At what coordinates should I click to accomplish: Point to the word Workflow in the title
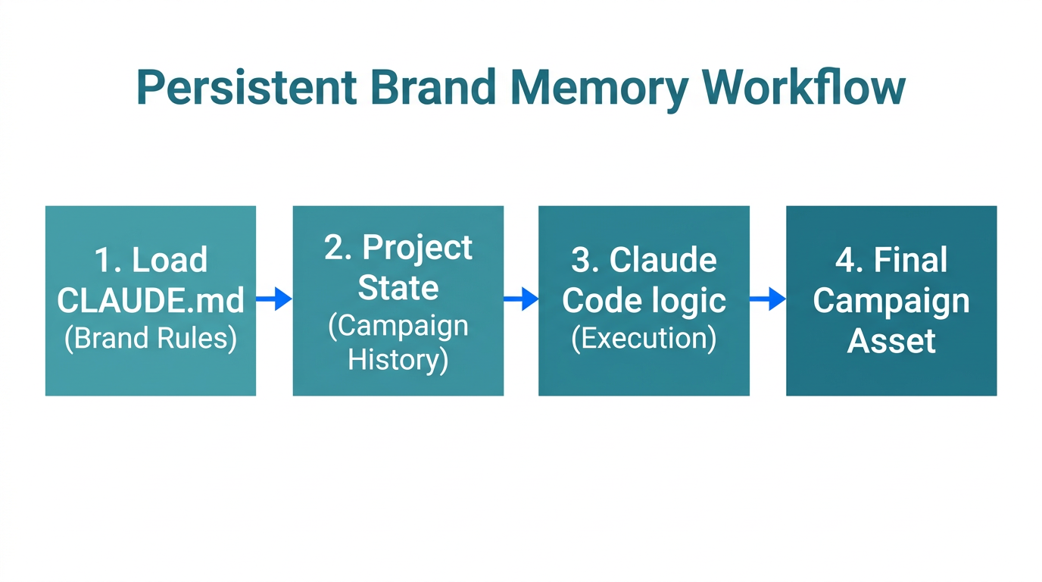tap(803, 88)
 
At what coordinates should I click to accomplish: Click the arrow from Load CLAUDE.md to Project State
tap(274, 299)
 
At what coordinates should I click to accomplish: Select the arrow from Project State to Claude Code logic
tap(521, 299)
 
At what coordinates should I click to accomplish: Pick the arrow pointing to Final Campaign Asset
tap(768, 299)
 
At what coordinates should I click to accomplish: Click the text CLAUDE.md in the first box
tap(151, 301)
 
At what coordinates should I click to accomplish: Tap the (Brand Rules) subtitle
tap(151, 338)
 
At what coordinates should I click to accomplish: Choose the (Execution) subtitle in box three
tap(644, 338)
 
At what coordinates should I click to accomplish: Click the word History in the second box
tap(398, 359)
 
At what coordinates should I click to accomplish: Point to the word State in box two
tap(398, 288)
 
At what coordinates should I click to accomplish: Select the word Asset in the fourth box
tap(891, 341)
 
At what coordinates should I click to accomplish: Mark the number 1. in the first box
tap(108, 261)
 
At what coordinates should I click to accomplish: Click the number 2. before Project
tap(338, 248)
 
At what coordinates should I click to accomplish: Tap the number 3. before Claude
tap(585, 261)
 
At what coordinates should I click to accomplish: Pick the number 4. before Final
tap(850, 261)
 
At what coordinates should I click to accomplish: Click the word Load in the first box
tap(170, 261)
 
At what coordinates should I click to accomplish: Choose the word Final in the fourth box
tap(910, 261)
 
